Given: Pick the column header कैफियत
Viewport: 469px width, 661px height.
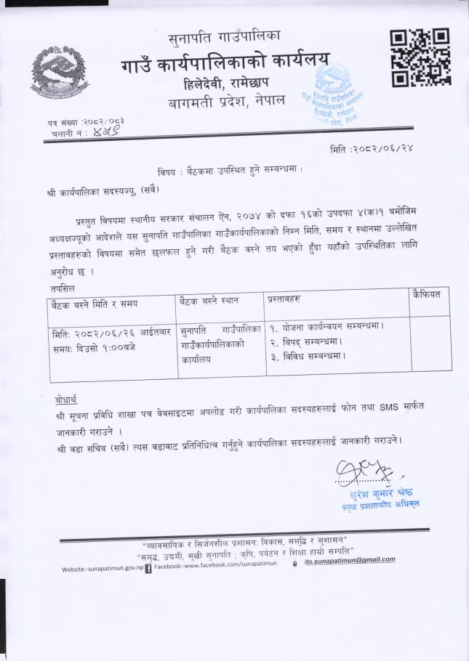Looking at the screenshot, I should click(427, 294).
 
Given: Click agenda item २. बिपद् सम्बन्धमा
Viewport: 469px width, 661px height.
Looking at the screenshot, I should click(305, 341).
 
